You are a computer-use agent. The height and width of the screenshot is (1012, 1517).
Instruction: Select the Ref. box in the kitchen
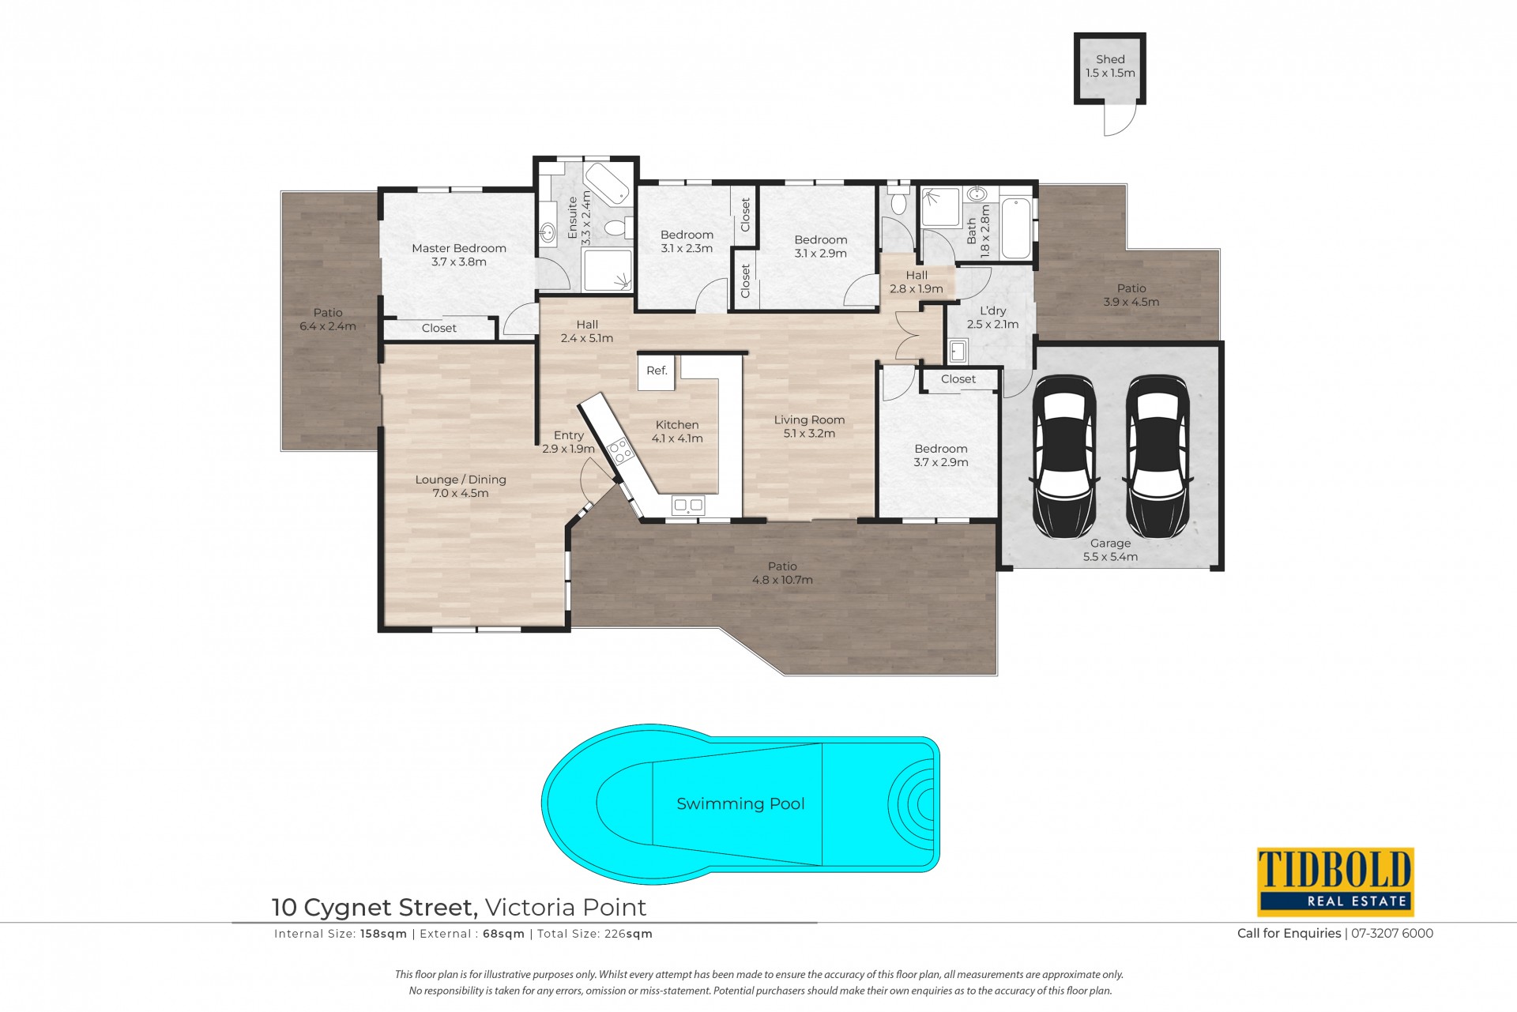657,371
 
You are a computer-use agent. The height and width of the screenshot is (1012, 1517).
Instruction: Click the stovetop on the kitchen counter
620,450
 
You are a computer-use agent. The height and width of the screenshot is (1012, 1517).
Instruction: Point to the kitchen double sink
688,506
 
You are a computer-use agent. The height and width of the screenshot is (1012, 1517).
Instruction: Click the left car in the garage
1064,457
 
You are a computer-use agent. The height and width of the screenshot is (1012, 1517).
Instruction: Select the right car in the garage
1157,457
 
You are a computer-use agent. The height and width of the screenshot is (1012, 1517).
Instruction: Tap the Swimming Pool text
740,803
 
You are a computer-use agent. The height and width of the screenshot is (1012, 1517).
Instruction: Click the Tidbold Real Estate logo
1335,881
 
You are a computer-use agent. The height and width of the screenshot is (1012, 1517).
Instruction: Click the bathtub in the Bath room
1016,228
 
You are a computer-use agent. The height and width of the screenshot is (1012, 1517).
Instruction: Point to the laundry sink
958,351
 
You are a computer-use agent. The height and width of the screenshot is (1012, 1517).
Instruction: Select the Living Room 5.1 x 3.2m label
809,427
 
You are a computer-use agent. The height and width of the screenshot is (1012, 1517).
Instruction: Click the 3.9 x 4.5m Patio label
1131,295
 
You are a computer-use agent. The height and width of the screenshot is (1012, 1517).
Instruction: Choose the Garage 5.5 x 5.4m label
1110,550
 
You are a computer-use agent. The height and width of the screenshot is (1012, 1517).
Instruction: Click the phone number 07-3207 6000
1392,933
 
